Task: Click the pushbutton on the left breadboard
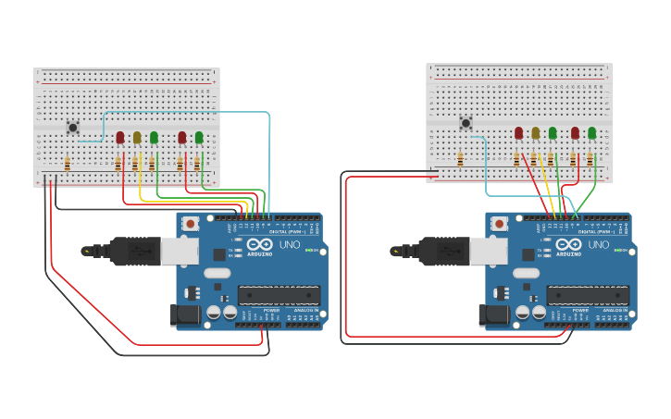[72, 128]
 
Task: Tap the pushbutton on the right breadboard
[466, 122]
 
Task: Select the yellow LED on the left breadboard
[137, 138]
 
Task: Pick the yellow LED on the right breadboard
[535, 133]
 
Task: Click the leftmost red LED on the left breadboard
[120, 138]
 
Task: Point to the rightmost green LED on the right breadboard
[592, 133]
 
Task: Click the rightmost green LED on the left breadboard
[199, 138]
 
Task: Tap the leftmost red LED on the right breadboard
[518, 133]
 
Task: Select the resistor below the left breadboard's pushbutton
[67, 164]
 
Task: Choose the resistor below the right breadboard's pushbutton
[460, 160]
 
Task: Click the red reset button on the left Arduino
[191, 224]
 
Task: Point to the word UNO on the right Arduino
[598, 245]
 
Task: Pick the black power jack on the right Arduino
[494, 315]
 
